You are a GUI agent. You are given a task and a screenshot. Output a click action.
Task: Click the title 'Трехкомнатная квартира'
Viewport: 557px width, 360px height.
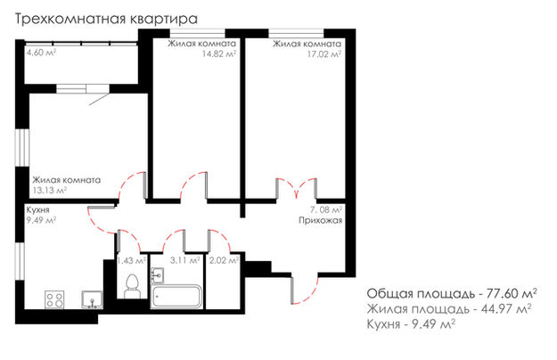coord(106,20)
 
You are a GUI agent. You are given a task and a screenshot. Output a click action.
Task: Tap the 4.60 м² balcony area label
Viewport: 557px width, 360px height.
coord(42,53)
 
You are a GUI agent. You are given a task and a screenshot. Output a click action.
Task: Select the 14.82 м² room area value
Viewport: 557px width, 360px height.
coord(219,54)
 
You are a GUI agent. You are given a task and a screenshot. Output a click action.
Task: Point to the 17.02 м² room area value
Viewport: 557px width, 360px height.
coord(324,54)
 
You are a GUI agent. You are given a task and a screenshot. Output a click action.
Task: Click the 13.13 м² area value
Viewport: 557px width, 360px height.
coord(50,190)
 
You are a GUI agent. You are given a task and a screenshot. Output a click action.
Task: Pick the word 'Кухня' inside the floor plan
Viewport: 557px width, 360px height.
coord(37,209)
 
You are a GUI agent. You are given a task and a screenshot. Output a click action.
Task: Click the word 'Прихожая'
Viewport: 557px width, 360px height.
coord(320,220)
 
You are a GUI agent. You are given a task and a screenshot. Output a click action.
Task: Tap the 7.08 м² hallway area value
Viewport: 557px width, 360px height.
coord(327,209)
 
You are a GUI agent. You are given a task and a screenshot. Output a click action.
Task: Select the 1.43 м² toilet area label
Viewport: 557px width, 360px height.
coord(131,260)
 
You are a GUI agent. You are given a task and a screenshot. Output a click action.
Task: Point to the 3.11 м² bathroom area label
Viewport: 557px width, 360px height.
coord(184,260)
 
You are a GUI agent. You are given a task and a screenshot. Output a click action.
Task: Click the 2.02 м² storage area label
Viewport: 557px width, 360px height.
coord(224,260)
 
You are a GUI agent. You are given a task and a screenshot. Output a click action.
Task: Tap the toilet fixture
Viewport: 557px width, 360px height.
coord(132,286)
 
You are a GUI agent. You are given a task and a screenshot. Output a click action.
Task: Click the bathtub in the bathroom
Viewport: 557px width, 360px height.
coord(176,296)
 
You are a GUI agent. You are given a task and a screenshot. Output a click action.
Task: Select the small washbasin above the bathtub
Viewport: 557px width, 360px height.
coord(158,275)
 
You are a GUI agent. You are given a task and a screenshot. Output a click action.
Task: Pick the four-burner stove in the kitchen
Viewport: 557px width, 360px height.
coord(54,299)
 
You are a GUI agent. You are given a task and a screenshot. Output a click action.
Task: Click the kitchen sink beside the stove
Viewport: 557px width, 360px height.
coord(93,299)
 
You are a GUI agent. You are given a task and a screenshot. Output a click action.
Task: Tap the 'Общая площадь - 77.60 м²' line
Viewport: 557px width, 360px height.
coord(452,294)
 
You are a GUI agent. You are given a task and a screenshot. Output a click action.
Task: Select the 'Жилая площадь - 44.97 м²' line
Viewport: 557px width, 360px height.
coord(449,309)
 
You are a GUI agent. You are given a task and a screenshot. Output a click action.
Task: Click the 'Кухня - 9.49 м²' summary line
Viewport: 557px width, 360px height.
coord(411,323)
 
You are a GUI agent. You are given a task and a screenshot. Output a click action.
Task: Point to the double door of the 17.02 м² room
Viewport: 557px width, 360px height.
coord(297,187)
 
